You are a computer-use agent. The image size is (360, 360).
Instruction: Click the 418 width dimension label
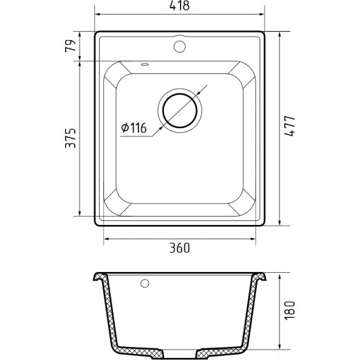179,6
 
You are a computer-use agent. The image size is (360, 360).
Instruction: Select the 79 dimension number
71,46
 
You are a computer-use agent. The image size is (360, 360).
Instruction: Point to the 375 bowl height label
71,138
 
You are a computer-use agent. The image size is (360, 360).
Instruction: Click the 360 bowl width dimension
179,248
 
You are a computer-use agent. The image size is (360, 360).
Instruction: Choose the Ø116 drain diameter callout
134,127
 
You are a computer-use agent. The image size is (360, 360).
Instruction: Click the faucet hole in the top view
179,46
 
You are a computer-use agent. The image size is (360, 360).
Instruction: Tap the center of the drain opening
180,111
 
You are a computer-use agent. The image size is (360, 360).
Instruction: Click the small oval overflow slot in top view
145,64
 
